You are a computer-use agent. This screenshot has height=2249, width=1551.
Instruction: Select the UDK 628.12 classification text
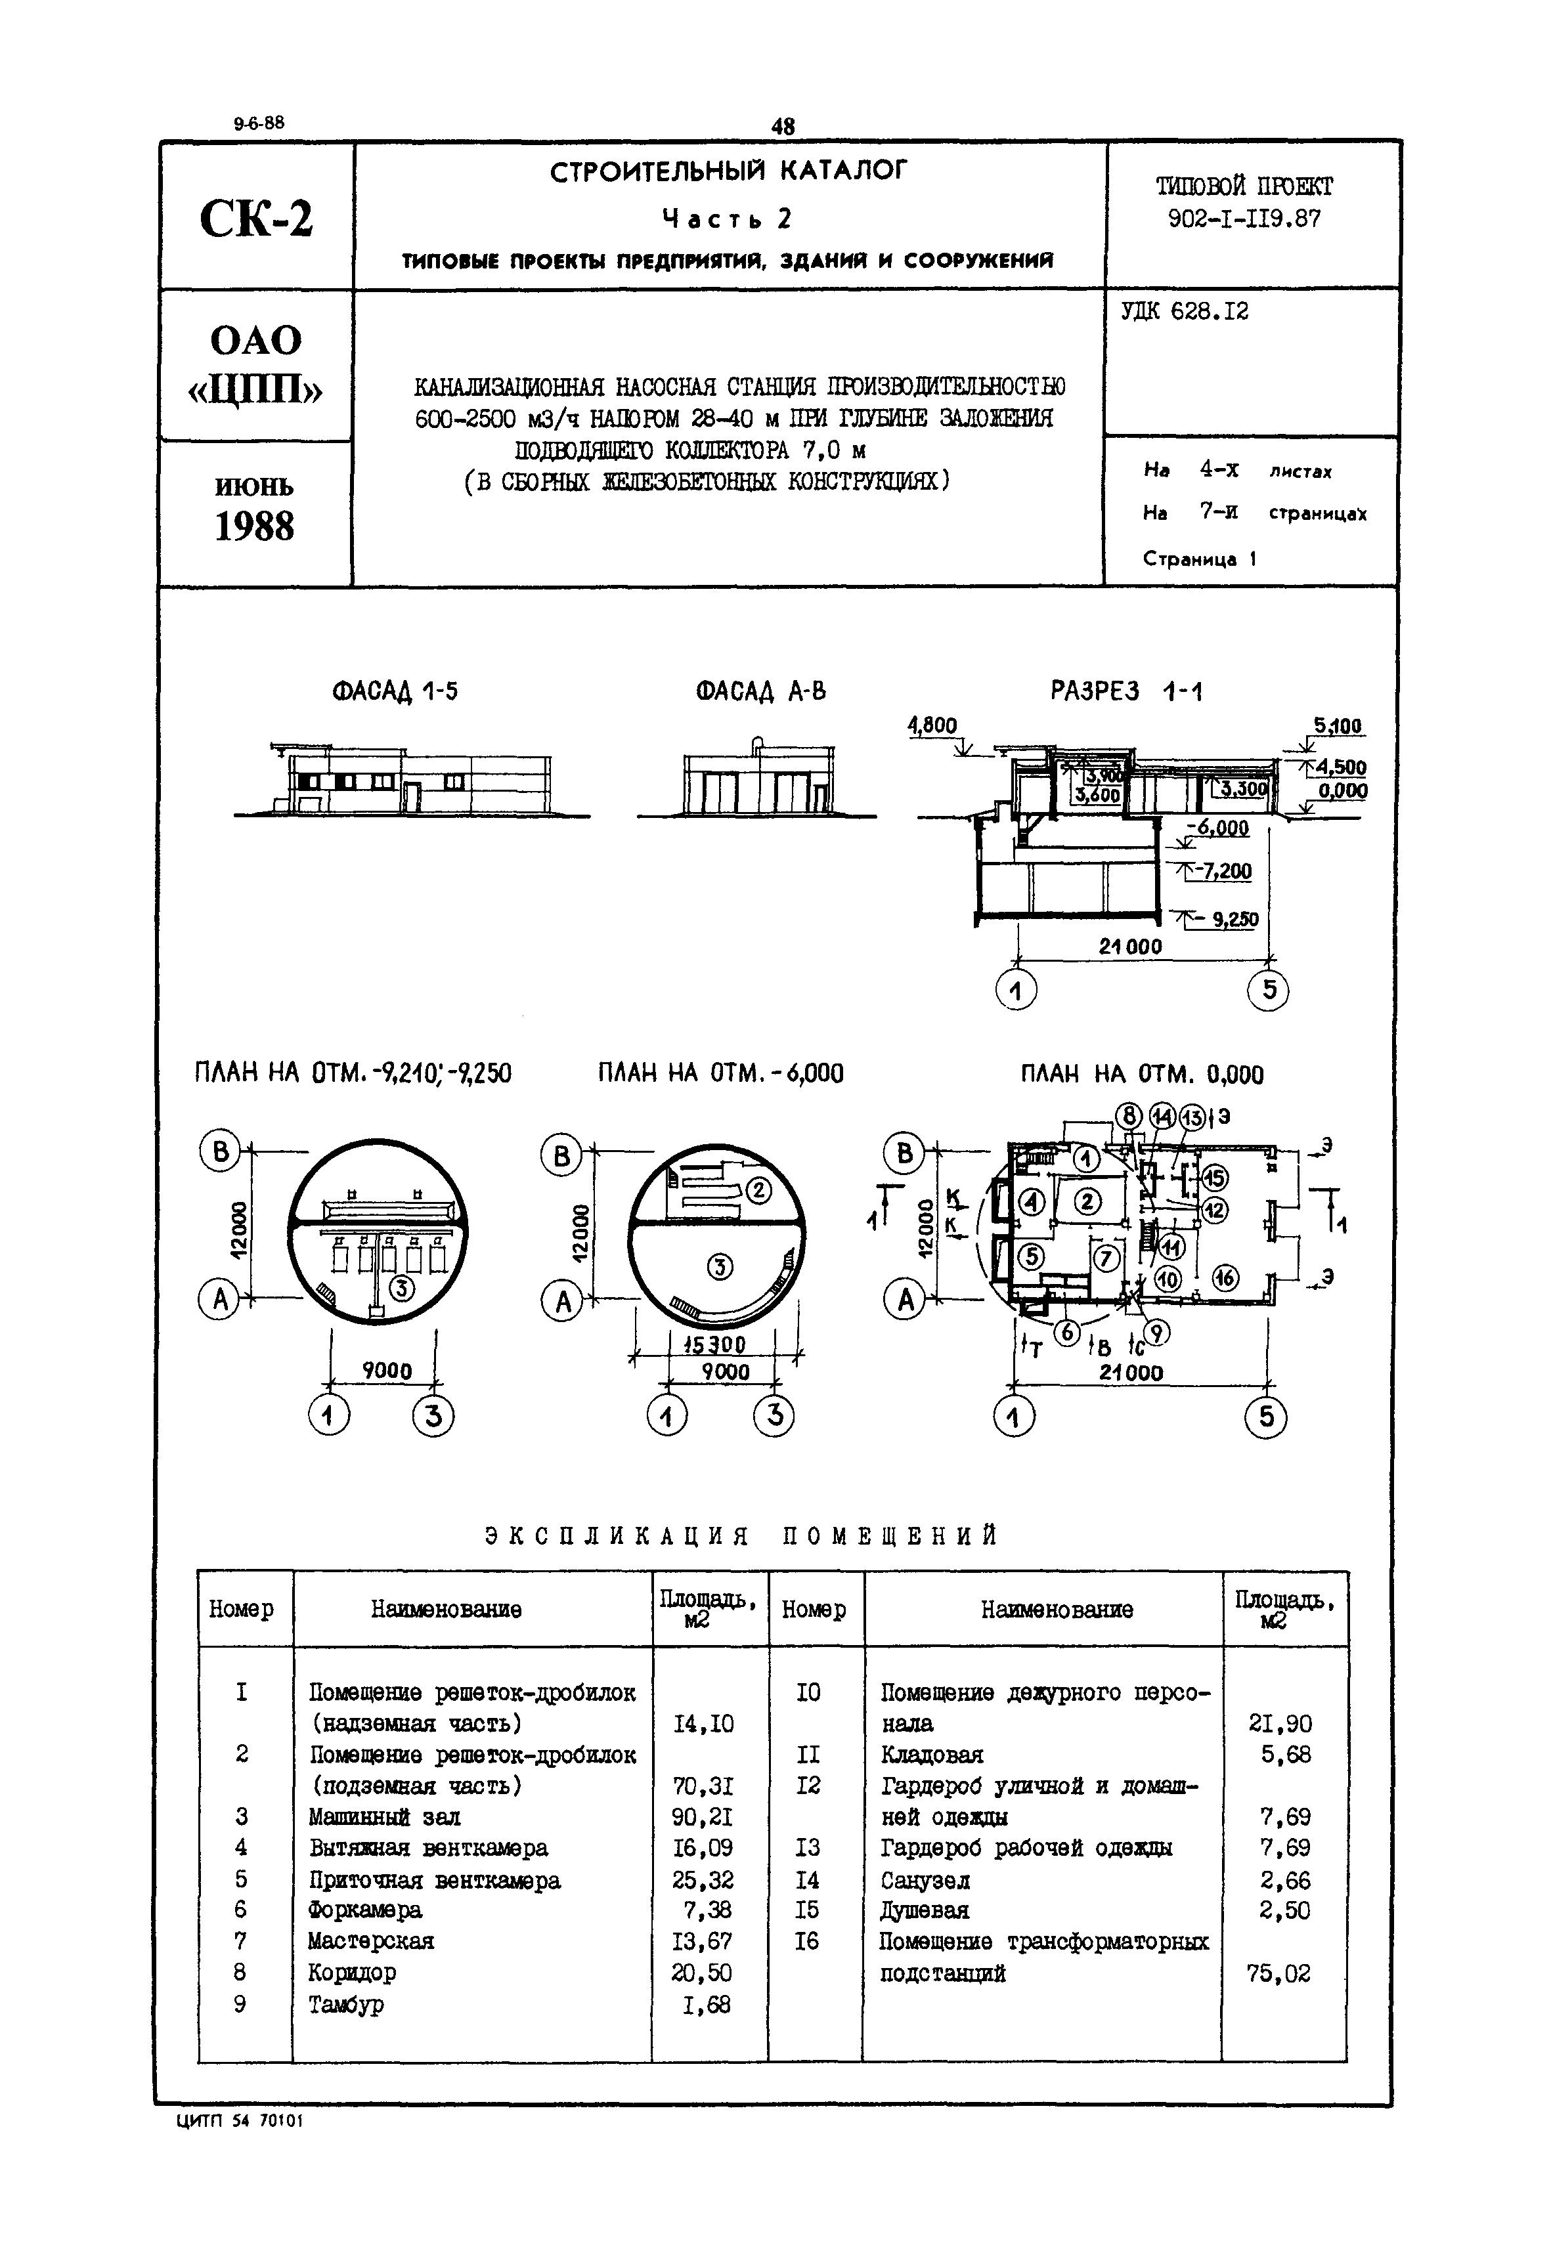point(1184,312)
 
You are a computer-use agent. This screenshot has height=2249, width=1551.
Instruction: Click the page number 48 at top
point(782,126)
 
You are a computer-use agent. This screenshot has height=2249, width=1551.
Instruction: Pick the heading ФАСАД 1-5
point(395,692)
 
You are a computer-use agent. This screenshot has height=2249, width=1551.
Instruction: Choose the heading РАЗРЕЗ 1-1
point(1126,692)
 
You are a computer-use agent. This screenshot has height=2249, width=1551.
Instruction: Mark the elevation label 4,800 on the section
point(932,725)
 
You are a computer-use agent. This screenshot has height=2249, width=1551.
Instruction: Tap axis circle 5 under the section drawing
point(1268,991)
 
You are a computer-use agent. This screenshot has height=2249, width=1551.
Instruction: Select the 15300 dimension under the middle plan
point(714,1344)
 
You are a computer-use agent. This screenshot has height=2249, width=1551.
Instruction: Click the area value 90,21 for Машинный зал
point(702,1816)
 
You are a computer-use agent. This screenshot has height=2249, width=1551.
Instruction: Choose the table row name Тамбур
point(346,2004)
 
